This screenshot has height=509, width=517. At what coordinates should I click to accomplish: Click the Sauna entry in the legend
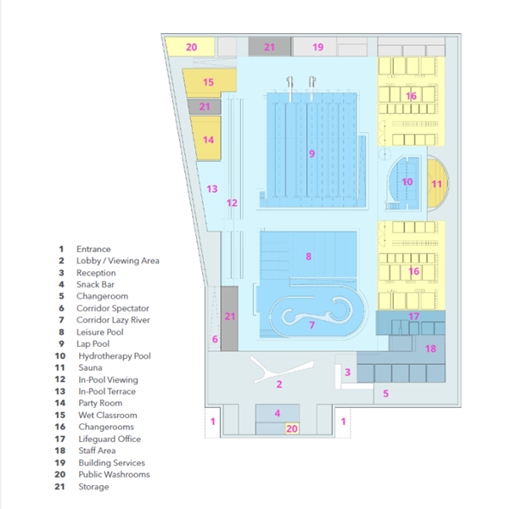[90, 367]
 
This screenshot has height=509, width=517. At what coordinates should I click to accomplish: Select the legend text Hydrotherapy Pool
[115, 355]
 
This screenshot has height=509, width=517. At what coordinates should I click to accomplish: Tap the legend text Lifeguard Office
[110, 439]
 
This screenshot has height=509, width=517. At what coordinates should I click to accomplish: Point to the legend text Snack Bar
[95, 284]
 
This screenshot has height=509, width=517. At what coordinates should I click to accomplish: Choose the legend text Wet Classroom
[108, 415]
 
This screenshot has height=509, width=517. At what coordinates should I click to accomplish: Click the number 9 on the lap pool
[312, 154]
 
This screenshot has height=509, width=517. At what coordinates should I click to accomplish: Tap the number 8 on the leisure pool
[308, 256]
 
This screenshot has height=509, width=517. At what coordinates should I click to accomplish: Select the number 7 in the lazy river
[312, 325]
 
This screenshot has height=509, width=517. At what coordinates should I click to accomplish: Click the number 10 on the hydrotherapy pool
[407, 182]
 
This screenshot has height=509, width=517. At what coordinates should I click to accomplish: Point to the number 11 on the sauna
[436, 184]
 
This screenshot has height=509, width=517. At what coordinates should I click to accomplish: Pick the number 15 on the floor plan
[208, 82]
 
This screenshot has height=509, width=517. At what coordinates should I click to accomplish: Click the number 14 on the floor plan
[208, 140]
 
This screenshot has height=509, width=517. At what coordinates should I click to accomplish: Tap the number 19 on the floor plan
[318, 48]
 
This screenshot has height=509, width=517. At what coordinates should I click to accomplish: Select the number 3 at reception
[347, 372]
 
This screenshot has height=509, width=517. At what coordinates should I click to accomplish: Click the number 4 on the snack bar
[278, 413]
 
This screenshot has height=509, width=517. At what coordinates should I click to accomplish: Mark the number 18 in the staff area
[430, 349]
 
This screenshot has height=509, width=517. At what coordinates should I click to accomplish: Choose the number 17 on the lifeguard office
[413, 316]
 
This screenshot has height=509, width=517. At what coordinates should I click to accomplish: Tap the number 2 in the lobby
[279, 384]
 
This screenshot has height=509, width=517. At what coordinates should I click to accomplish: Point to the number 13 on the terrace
[212, 189]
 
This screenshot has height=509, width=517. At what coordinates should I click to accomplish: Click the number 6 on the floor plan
[215, 339]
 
